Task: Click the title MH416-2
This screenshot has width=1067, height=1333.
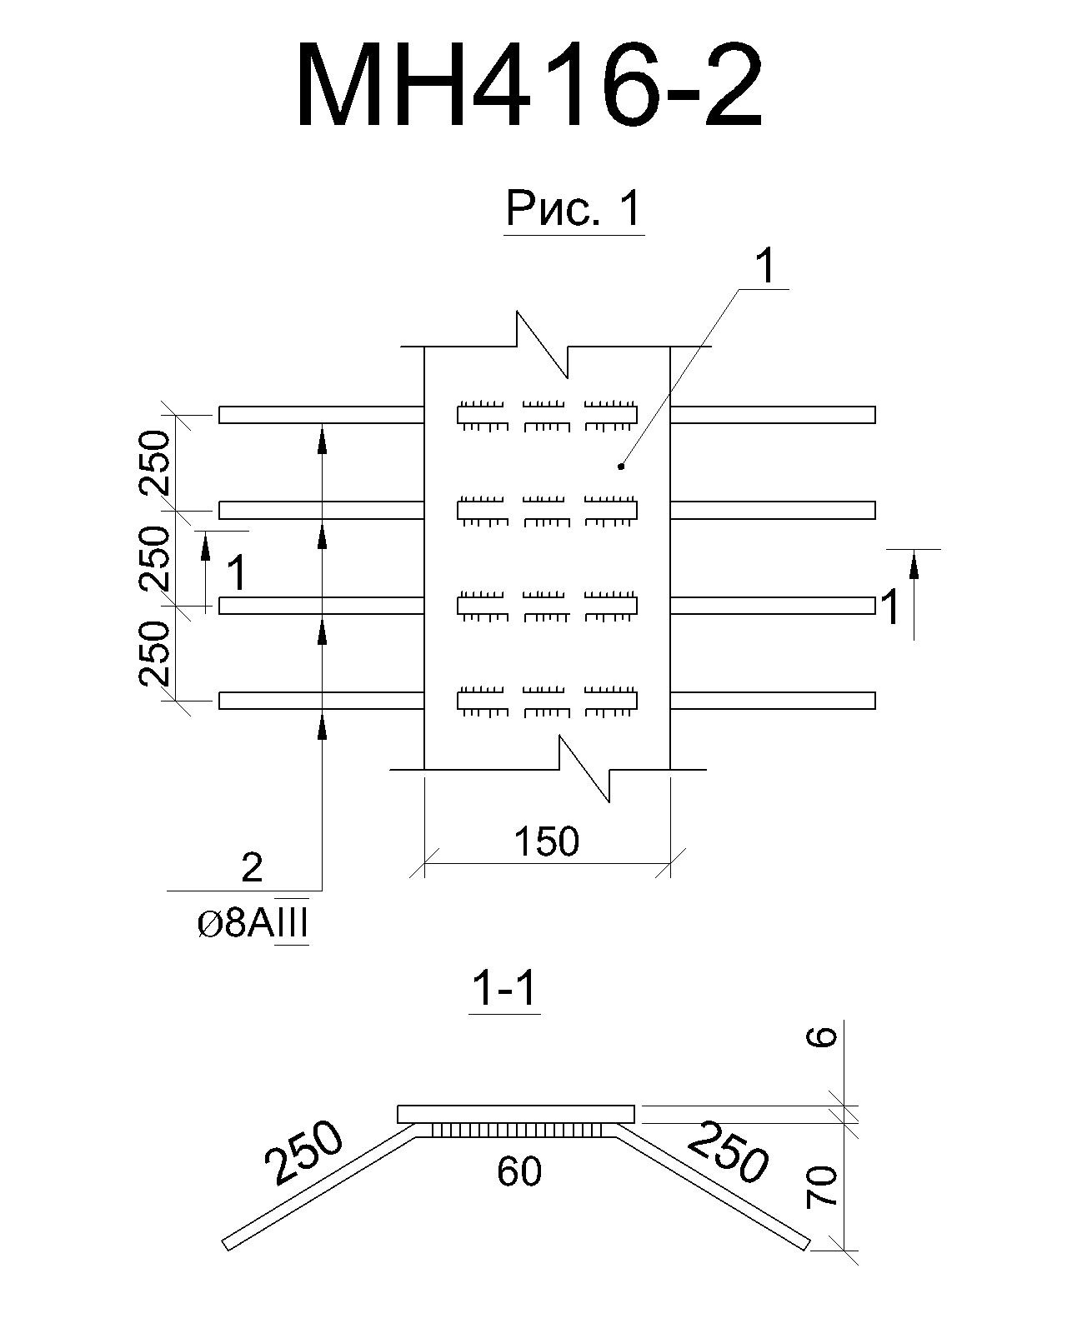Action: pos(530,84)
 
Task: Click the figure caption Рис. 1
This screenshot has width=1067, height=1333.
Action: pos(574,208)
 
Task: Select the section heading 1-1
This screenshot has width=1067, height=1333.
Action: pos(504,989)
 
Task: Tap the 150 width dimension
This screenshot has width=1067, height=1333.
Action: pos(547,841)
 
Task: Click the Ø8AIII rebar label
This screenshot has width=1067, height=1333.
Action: pos(253,926)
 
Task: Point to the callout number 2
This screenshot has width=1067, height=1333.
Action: pos(252,868)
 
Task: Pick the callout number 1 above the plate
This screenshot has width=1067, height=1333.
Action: pos(766,267)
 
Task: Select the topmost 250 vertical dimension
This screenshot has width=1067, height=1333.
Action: pos(153,462)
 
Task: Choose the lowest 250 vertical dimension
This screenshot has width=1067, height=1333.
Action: pos(153,653)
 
